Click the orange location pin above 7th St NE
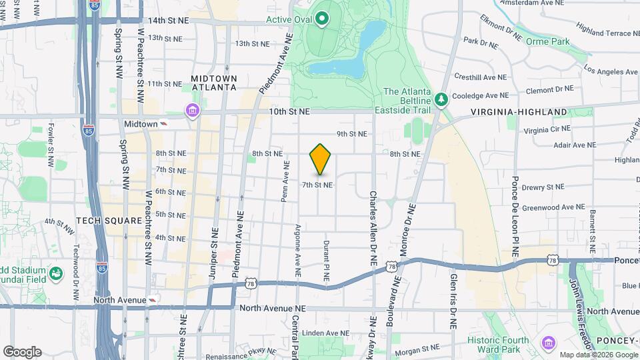tap(321, 159)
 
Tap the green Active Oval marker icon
tap(323, 18)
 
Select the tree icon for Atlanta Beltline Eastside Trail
tap(441, 99)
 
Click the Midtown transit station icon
tap(163, 124)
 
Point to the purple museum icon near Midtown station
tap(193, 110)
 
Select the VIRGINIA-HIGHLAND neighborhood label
tap(519, 112)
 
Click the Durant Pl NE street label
tap(326, 261)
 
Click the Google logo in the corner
tap(22, 352)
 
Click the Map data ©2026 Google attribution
tap(598, 355)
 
